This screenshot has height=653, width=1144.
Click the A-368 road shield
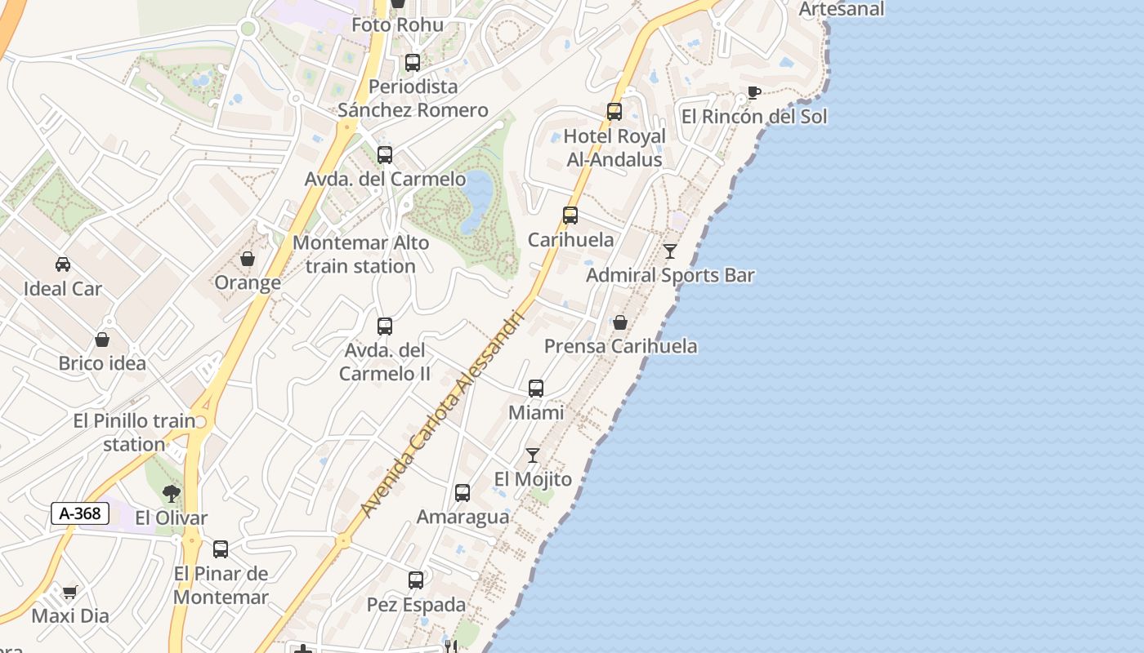(80, 513)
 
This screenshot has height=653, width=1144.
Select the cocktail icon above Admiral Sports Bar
(670, 251)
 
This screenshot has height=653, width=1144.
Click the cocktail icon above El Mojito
(533, 455)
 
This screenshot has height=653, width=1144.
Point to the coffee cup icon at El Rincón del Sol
(753, 92)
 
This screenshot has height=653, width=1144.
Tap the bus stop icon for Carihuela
(570, 215)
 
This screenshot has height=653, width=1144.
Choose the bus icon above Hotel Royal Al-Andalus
(614, 112)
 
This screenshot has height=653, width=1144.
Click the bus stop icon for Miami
(536, 389)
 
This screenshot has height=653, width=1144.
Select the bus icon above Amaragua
(463, 493)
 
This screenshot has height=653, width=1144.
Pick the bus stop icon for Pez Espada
(416, 580)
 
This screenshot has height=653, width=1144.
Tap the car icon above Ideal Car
(63, 264)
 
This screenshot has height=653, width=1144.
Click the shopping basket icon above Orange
(248, 259)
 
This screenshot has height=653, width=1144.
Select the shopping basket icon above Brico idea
(102, 340)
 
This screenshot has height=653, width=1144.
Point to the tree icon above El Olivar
(171, 493)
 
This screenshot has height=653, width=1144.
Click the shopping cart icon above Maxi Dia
(70, 592)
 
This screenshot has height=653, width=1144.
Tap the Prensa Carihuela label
(621, 346)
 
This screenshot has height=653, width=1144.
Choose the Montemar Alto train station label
(360, 254)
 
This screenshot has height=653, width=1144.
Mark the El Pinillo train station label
(134, 433)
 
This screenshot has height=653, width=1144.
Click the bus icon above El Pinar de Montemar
(221, 549)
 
